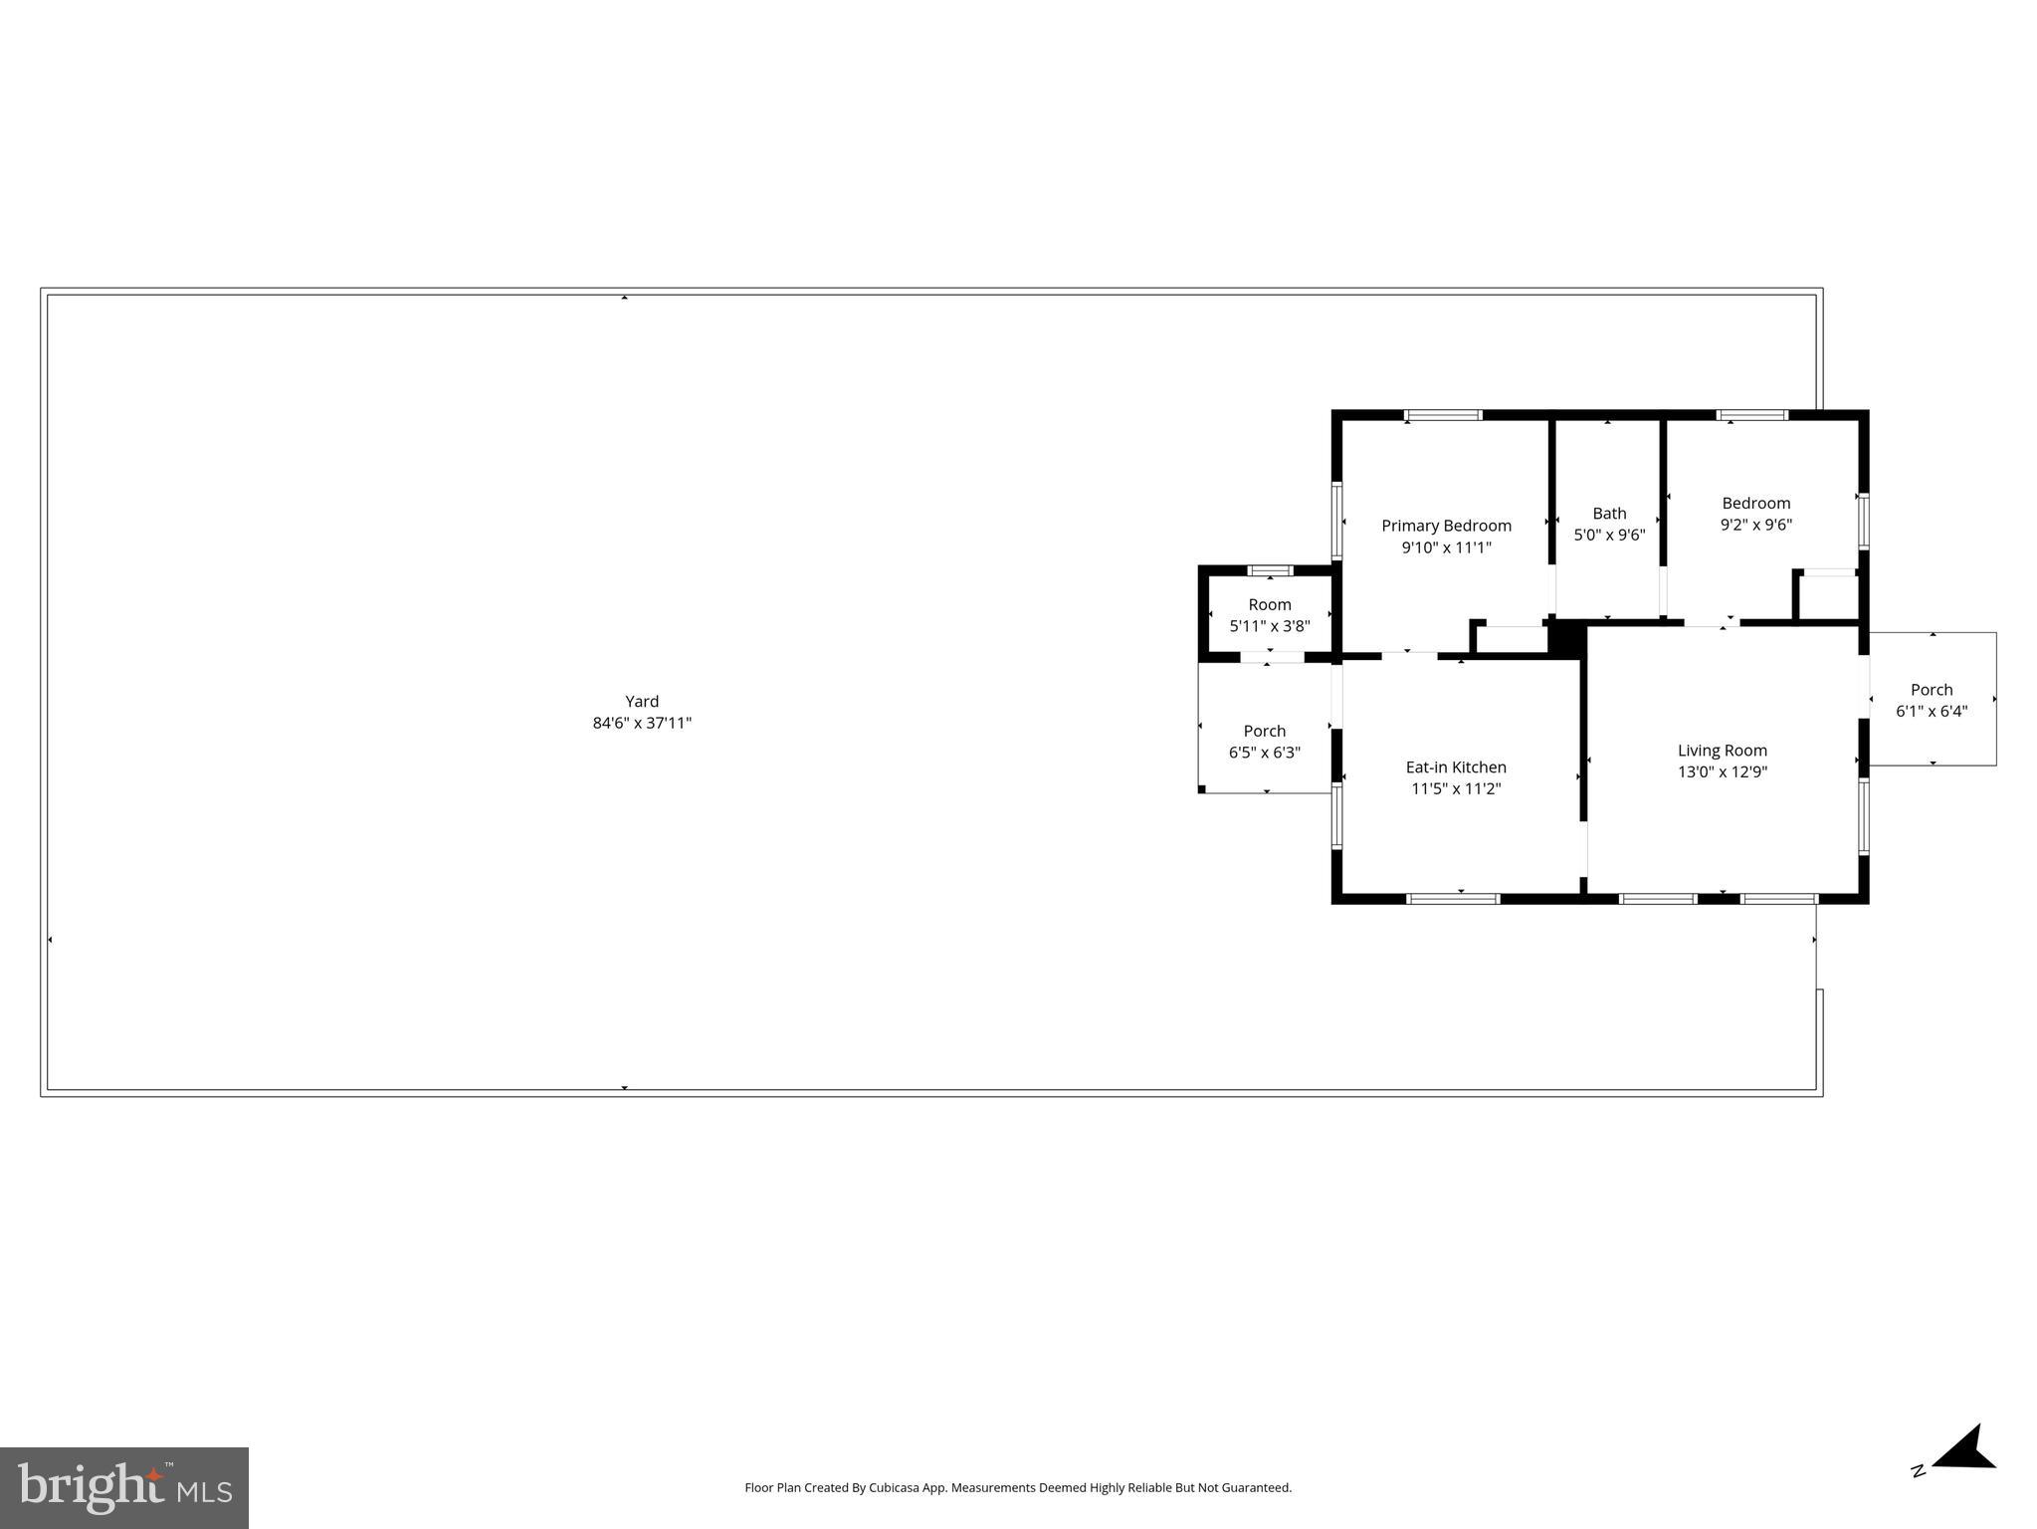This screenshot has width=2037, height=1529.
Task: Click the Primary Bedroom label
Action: [x=1446, y=526]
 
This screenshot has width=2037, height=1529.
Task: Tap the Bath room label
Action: [x=1609, y=514]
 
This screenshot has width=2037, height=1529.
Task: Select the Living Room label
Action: [x=1722, y=751]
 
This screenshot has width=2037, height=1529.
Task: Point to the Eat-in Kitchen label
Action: [x=1456, y=767]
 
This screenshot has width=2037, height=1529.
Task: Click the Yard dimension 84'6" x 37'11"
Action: [x=642, y=724]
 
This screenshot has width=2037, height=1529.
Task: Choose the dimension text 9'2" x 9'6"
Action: [x=1755, y=525]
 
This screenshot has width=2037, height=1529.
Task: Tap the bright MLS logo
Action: [x=124, y=1487]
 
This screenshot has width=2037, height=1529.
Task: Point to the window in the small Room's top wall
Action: [x=1271, y=570]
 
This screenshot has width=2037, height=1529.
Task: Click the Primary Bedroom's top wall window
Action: [x=1443, y=415]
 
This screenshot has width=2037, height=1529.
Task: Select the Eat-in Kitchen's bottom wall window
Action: [x=1454, y=899]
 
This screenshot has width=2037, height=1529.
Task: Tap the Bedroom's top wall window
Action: [x=1752, y=415]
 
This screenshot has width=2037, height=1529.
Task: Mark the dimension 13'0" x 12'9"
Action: [x=1722, y=772]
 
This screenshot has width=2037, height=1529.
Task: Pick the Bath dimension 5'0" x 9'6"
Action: [x=1609, y=536]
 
